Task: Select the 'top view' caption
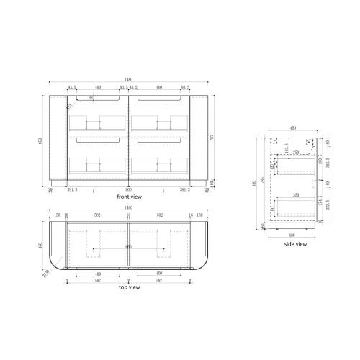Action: point(129,287)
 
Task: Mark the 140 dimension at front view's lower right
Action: point(215,184)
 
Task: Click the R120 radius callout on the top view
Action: point(45,272)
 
